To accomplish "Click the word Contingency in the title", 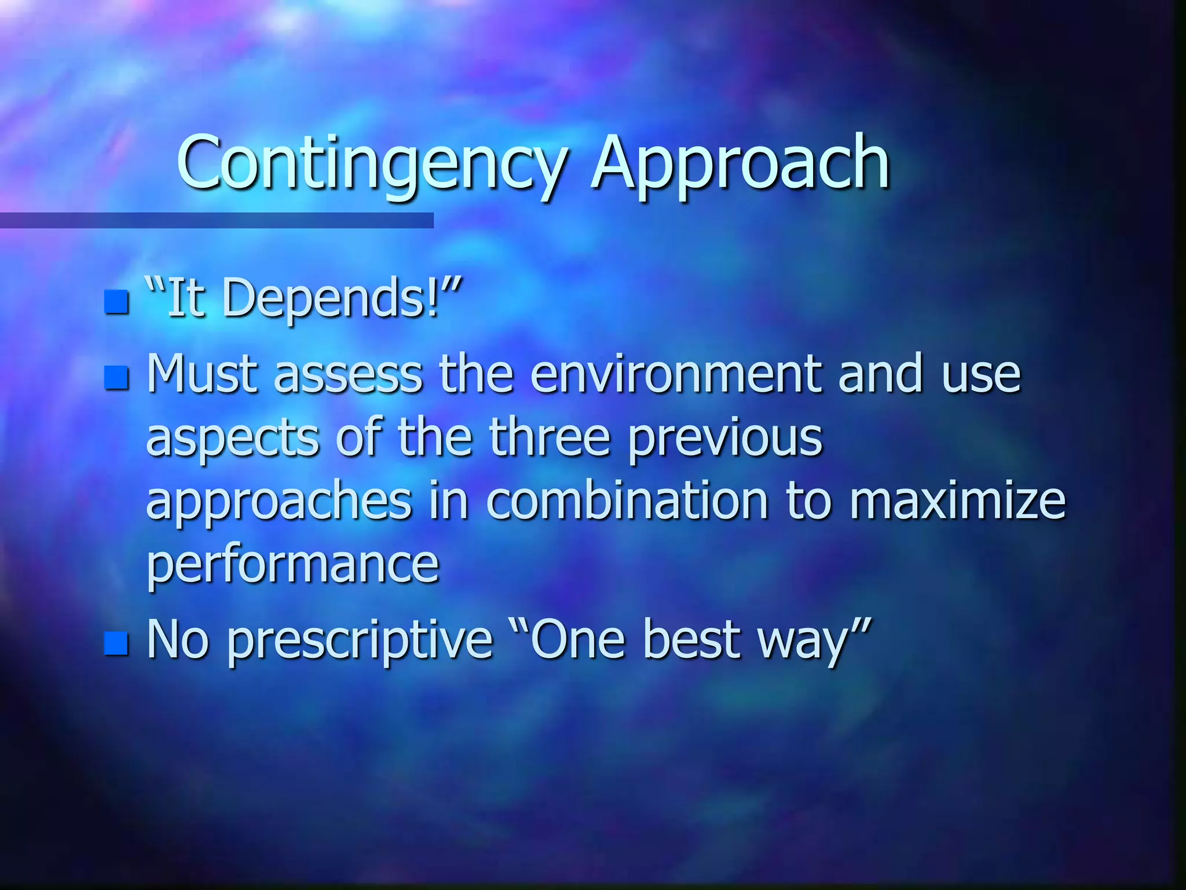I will click(371, 163).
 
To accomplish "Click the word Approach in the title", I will click(740, 163).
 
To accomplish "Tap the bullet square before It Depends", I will click(116, 302).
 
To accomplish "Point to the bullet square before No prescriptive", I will click(116, 643).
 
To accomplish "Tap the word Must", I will click(202, 374).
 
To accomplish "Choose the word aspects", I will click(232, 439).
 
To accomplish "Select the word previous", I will click(725, 439).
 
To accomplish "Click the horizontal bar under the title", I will click(217, 220).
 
